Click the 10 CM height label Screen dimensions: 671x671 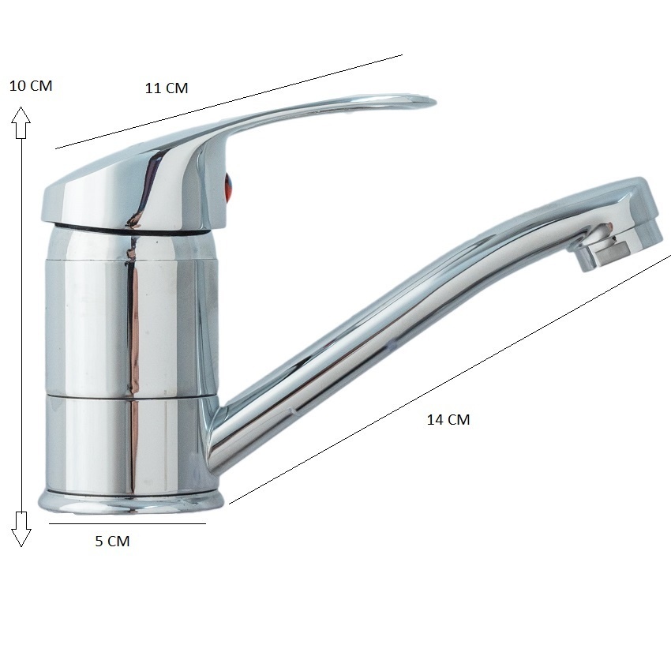click(31, 85)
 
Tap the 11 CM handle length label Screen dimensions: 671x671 click(167, 88)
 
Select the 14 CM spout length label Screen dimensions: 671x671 click(448, 420)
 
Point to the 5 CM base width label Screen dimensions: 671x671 click(112, 542)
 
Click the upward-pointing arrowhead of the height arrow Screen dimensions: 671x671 click(21, 122)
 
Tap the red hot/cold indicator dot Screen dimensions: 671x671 click(229, 186)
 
